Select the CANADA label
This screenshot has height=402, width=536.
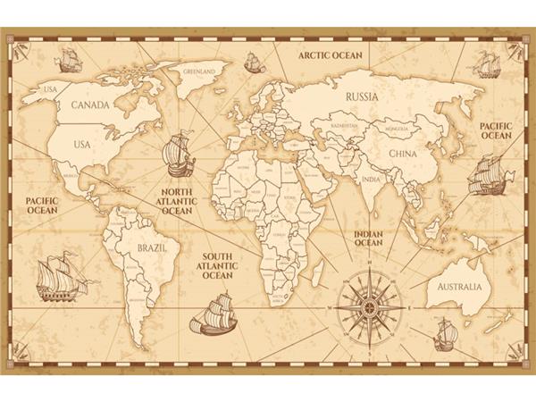click(x=89, y=105)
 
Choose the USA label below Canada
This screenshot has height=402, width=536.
click(x=82, y=142)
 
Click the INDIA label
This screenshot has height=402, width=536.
click(x=370, y=178)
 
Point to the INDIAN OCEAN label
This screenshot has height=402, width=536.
click(x=368, y=236)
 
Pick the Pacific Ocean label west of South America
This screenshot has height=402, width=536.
click(x=42, y=207)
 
